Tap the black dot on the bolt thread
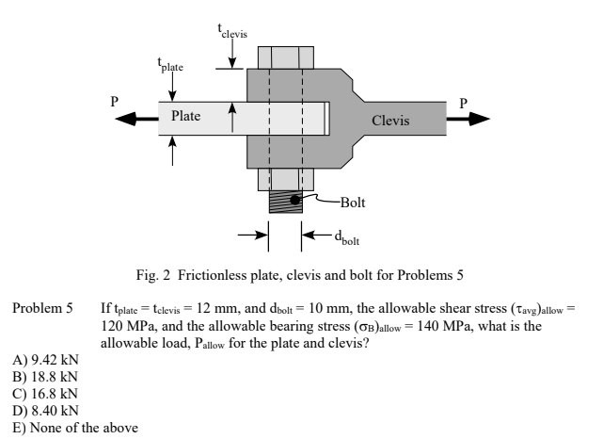click(x=295, y=200)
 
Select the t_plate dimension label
click(x=170, y=66)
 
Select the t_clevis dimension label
click(x=232, y=26)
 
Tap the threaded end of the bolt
click(x=285, y=201)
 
